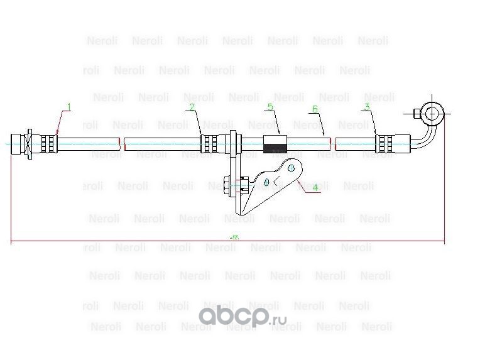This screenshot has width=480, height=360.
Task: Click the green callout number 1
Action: tap(69, 107)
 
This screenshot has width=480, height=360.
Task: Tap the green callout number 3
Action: tap(366, 107)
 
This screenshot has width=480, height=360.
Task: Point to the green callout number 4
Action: tap(316, 187)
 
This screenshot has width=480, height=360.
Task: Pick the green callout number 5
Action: tap(270, 107)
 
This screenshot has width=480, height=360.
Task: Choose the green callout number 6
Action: tap(315, 109)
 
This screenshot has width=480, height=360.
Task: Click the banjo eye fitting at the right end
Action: tap(433, 113)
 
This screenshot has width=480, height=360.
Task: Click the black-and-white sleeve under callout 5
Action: tap(276, 145)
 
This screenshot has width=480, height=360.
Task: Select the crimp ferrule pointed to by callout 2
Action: tap(209, 143)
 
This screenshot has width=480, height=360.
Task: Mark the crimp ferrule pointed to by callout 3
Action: tap(384, 143)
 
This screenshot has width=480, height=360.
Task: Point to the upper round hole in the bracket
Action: tap(291, 168)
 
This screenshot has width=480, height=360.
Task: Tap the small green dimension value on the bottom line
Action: tap(234, 238)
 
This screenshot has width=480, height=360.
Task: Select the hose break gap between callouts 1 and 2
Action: tap(122, 143)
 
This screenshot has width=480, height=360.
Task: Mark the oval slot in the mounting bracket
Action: tap(267, 182)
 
